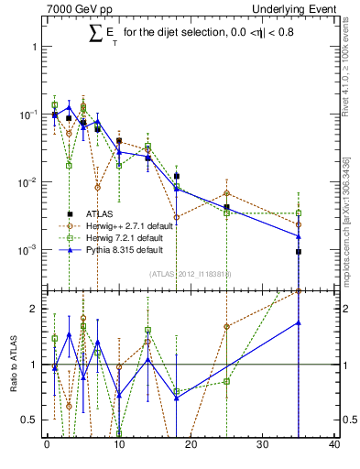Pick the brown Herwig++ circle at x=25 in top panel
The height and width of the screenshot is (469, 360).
click(226, 193)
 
